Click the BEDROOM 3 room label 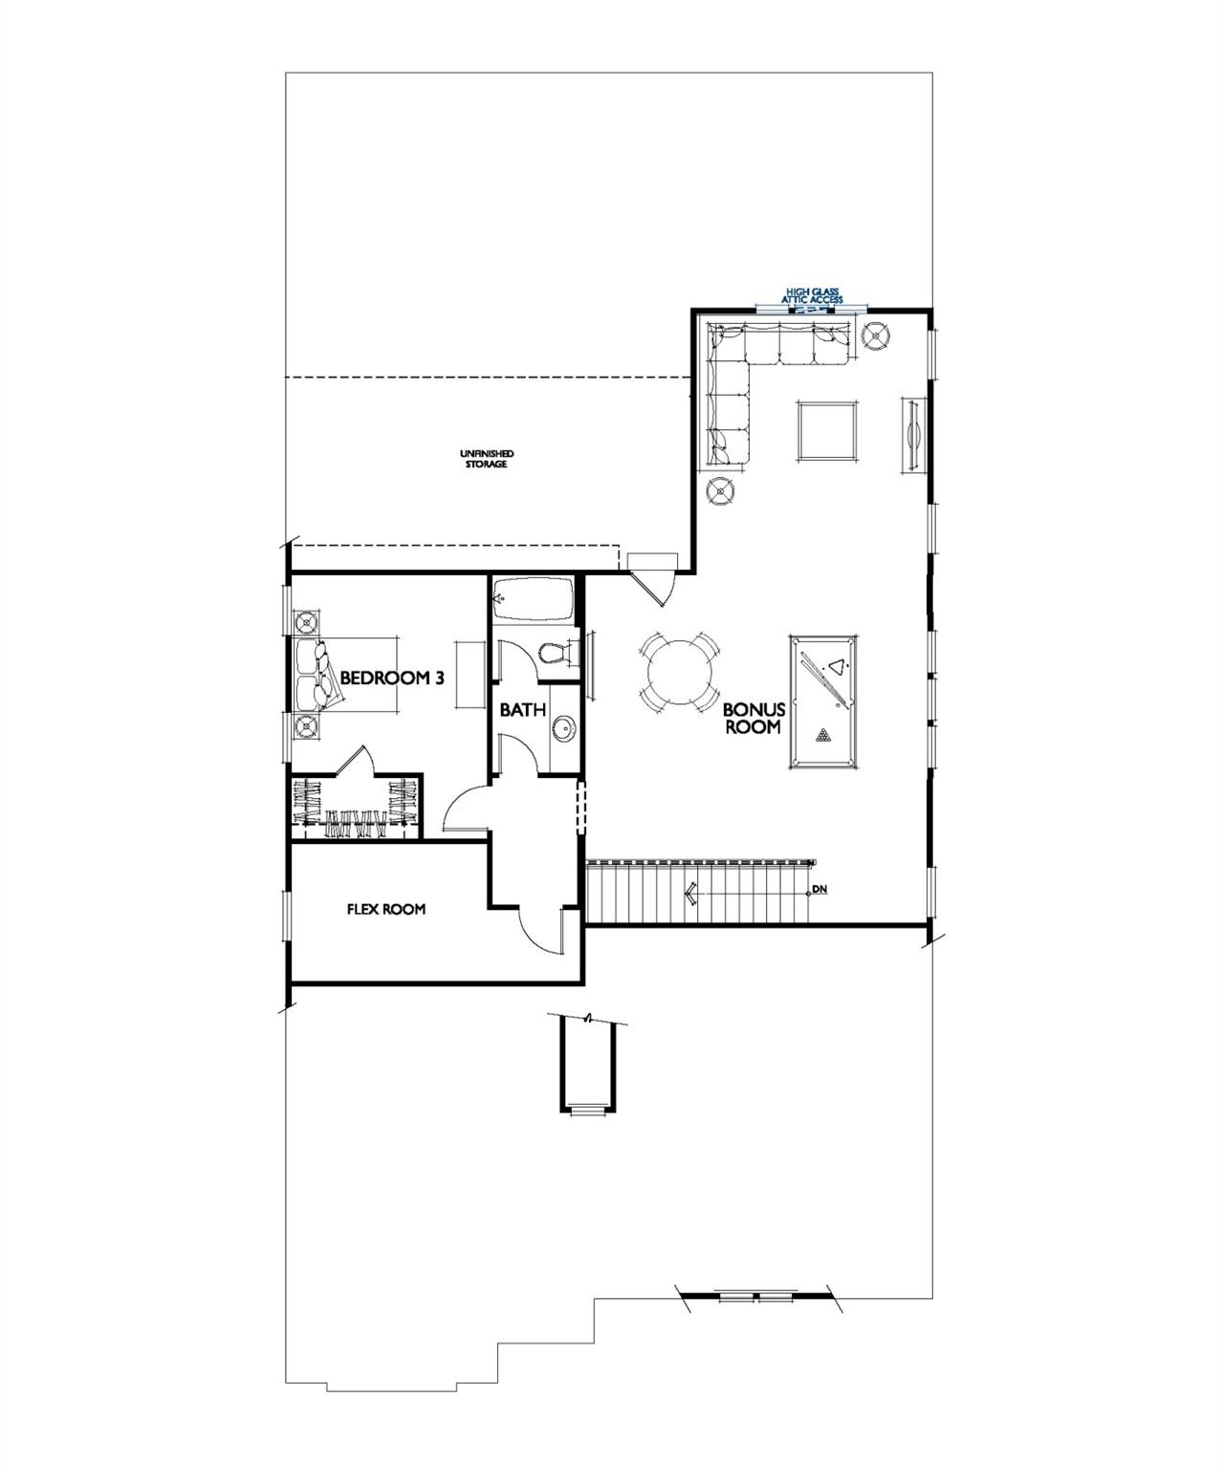tap(392, 678)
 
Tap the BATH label tap(523, 710)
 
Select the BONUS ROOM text tap(753, 718)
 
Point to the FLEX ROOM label tap(385, 910)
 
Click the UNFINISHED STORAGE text tap(487, 459)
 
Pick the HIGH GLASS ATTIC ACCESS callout tap(813, 295)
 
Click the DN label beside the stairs tap(819, 891)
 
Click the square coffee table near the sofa tap(827, 431)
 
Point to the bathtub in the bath tap(532, 603)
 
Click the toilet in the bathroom tap(555, 654)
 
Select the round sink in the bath tap(564, 730)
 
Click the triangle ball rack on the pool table tap(838, 666)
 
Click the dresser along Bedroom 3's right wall tap(468, 675)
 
